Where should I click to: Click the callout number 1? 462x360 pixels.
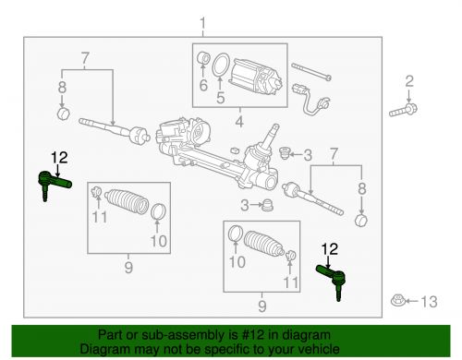click(x=204, y=21)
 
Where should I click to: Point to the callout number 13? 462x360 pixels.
click(x=427, y=301)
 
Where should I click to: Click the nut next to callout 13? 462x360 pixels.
click(x=400, y=301)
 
